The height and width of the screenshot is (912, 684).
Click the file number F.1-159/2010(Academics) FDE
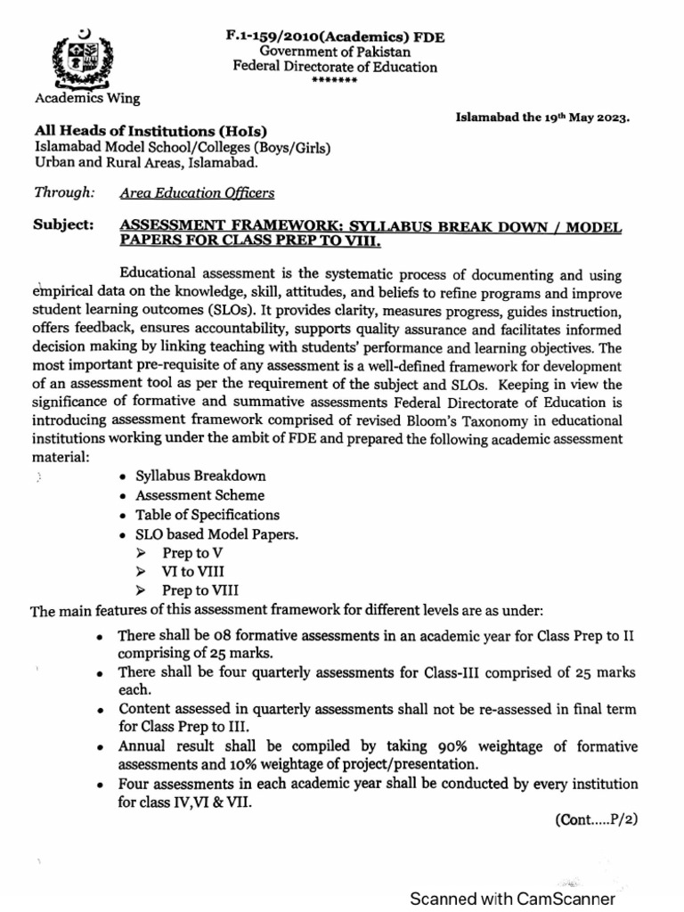point(334,37)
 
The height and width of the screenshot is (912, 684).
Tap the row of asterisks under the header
point(334,80)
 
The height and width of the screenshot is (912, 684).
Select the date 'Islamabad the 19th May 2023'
point(543,117)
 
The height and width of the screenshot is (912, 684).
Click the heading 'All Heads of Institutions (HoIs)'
point(151,131)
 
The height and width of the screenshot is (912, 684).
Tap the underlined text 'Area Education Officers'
point(196,191)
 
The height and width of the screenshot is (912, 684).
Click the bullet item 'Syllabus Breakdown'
point(200,476)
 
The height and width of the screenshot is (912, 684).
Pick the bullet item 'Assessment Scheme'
point(199,495)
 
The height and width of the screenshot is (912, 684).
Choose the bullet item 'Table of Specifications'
point(207,515)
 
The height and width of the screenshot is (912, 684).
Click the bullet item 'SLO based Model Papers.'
point(216,534)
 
